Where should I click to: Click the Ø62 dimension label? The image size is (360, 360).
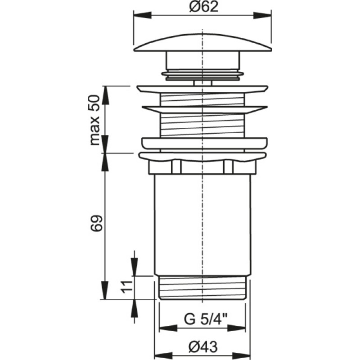pos(204,7)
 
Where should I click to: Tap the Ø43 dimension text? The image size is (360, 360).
pos(203,346)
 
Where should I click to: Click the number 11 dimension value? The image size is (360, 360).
pos(127,287)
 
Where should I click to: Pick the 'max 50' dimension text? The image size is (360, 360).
pos(94,120)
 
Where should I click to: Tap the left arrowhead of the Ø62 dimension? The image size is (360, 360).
pos(143,16)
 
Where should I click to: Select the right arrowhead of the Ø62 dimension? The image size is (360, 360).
pos(262,16)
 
